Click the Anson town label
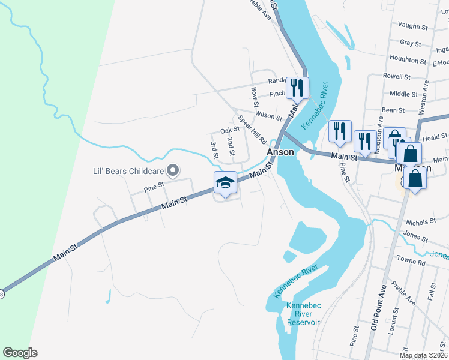[280, 152]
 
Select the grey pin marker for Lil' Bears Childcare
[173, 172]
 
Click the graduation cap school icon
[225, 183]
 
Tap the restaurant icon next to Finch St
[297, 88]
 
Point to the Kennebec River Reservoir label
[304, 314]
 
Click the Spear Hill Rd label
[252, 130]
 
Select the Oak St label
[230, 130]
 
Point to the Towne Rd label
[411, 262]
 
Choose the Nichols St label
[420, 222]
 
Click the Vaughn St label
[413, 27]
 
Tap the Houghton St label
[408, 59]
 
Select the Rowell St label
[397, 77]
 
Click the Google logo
[20, 353]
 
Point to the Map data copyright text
[423, 355]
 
